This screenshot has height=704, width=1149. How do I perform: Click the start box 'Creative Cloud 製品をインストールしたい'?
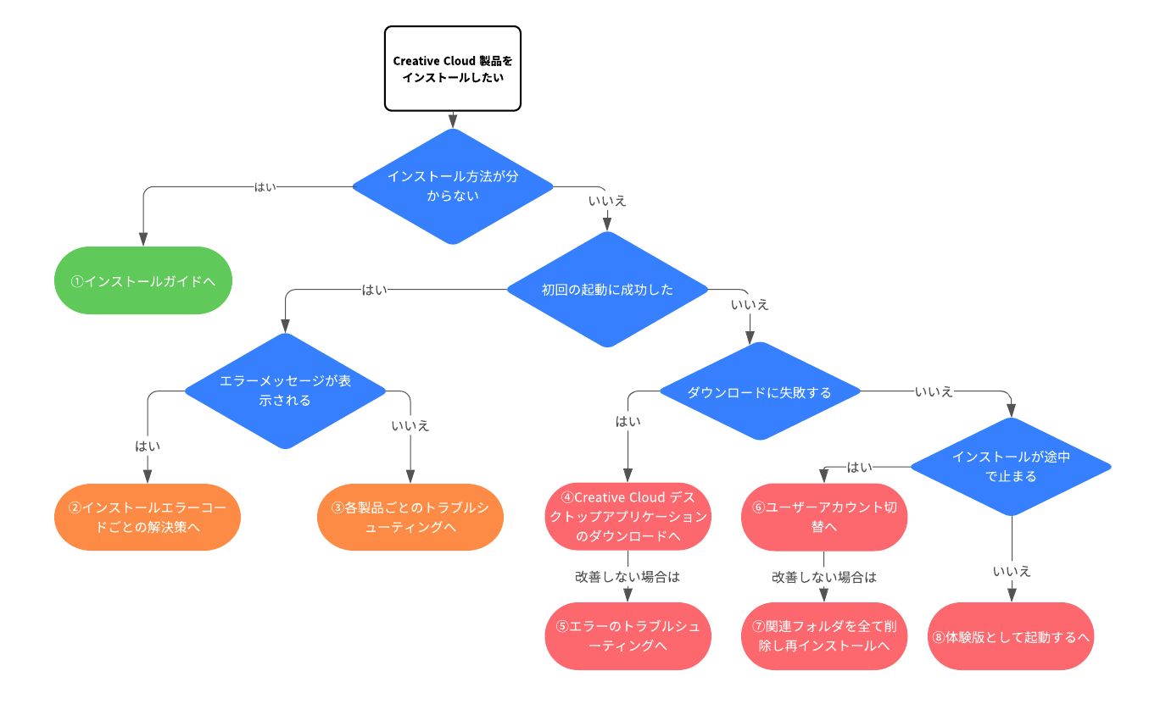tap(452, 69)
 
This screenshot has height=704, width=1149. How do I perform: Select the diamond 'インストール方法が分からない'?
tap(452, 186)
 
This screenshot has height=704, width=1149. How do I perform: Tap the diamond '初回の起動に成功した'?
tap(607, 290)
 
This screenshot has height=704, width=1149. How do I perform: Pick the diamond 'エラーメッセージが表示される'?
tap(285, 391)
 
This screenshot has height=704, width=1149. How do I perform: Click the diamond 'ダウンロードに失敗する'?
tap(759, 391)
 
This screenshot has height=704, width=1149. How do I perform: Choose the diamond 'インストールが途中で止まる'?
tap(1011, 466)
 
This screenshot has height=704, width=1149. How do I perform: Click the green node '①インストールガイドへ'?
tap(143, 280)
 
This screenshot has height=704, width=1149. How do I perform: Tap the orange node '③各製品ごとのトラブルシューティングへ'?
tap(410, 517)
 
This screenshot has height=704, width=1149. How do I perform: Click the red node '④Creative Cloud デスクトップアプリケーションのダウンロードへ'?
tap(627, 517)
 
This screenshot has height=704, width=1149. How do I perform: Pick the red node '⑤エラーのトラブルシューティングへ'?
tap(627, 636)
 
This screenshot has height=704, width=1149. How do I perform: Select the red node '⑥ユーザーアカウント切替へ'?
tap(824, 517)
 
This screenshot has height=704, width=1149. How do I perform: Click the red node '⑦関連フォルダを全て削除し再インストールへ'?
tap(824, 636)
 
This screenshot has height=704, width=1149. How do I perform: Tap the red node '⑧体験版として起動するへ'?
tap(1011, 636)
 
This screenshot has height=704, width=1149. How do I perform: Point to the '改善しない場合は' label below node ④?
tap(627, 576)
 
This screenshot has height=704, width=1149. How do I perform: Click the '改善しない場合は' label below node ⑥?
tap(824, 576)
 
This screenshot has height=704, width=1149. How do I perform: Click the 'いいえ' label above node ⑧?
tap(1011, 572)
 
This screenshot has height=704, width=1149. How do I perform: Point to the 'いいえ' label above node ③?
tap(410, 425)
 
